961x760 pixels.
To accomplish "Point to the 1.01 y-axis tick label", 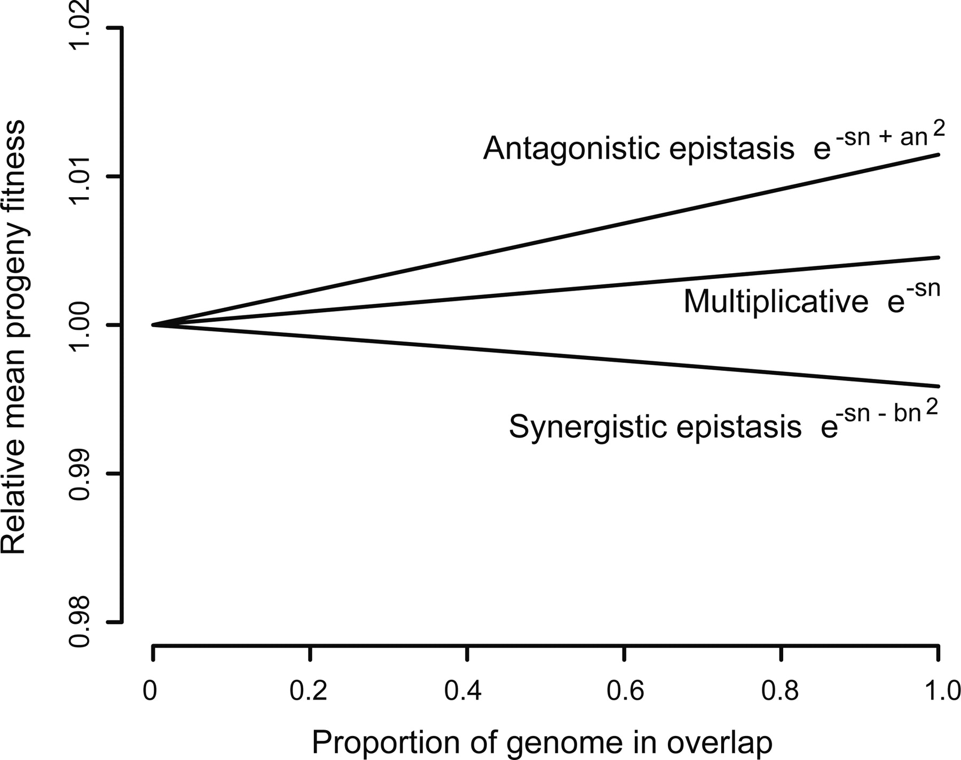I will [80, 176].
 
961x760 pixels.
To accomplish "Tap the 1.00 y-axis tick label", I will [80, 325].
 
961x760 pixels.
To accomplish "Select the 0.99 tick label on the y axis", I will [80, 474].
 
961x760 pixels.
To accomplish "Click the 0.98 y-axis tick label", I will [80, 622].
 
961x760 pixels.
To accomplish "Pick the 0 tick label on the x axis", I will [150, 691].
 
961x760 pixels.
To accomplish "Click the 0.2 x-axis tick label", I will [308, 691].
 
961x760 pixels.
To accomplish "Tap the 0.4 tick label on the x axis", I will [463, 691].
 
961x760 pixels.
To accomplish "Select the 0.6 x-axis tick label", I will [625, 691].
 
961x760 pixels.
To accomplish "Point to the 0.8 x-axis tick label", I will [780, 691].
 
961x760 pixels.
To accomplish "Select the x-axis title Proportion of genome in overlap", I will [541, 742].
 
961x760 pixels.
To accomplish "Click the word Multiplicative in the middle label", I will [775, 302].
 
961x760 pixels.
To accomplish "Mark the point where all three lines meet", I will [153, 325].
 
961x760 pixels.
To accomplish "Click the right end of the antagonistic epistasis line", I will [938, 154].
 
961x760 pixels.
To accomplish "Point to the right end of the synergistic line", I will [938, 386].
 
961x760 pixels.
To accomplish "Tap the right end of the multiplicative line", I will [938, 258].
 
